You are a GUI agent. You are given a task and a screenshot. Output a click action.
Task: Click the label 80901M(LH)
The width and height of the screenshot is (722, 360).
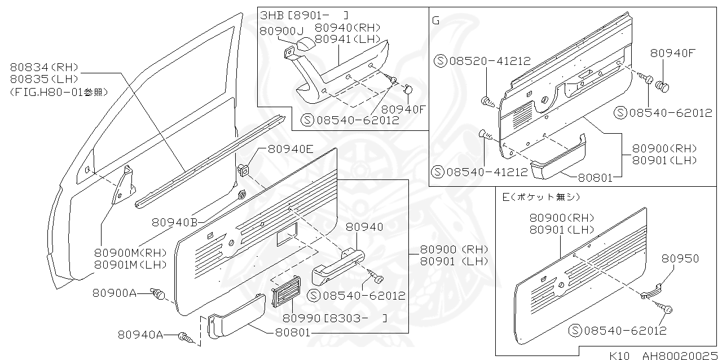[130, 264]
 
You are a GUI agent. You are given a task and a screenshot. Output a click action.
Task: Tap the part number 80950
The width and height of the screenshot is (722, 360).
[680, 258]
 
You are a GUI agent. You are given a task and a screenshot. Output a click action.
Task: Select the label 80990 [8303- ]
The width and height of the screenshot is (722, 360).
[333, 318]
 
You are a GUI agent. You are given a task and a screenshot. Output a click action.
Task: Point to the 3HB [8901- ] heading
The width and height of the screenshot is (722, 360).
[304, 15]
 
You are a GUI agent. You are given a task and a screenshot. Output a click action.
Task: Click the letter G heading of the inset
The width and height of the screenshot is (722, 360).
[435, 20]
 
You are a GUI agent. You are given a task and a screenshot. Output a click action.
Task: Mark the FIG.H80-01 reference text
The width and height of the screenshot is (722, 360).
[59, 91]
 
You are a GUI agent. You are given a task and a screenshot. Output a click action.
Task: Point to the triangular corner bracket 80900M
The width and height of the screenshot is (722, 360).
[124, 184]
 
